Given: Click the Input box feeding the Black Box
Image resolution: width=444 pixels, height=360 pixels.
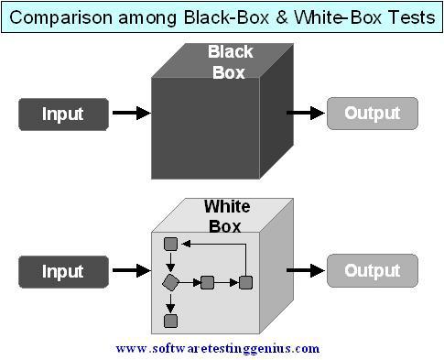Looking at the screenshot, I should click(62, 115).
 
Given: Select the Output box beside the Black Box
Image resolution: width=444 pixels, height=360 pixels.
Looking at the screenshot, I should click(372, 114).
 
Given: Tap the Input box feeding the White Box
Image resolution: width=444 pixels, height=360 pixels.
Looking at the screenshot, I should click(62, 271).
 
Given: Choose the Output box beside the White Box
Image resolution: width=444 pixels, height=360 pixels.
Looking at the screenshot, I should click(372, 271).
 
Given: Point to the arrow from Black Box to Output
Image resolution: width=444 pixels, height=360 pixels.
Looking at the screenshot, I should click(306, 114).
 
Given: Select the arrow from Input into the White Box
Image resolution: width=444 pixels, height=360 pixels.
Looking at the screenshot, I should click(130, 271).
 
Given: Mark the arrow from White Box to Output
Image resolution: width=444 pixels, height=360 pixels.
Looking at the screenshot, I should click(306, 271).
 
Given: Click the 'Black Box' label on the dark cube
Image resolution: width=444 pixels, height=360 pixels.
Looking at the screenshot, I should click(230, 61).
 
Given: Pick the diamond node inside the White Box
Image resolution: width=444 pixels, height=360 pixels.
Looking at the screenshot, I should click(169, 282).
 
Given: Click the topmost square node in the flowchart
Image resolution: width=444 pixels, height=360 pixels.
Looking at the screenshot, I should click(169, 244).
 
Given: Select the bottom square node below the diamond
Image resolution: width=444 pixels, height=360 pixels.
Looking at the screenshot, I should click(169, 321).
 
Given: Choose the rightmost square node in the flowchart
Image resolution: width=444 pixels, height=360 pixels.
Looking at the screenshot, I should click(245, 282).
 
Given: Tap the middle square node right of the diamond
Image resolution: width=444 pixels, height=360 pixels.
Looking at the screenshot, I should click(207, 282).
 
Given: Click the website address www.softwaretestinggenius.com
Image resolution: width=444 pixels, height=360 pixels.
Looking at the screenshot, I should click(218, 349).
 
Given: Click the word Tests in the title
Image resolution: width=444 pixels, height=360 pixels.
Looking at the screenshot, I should click(410, 17).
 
